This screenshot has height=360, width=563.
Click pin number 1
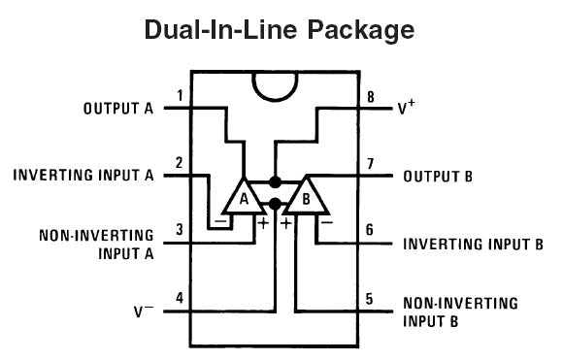[x=181, y=96]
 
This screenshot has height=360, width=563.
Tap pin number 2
[x=180, y=163]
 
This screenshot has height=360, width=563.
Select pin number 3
[x=180, y=230]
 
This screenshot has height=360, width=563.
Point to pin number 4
[x=180, y=297]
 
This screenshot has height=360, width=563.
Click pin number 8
[x=370, y=96]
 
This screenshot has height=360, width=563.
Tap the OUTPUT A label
[x=118, y=109]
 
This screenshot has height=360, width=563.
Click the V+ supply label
[x=407, y=108]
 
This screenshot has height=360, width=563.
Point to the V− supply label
[x=144, y=311]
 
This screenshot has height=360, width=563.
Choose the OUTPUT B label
[x=438, y=177]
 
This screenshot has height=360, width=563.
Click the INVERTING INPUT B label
[x=473, y=244]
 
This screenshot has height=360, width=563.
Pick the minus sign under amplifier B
[x=326, y=221]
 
